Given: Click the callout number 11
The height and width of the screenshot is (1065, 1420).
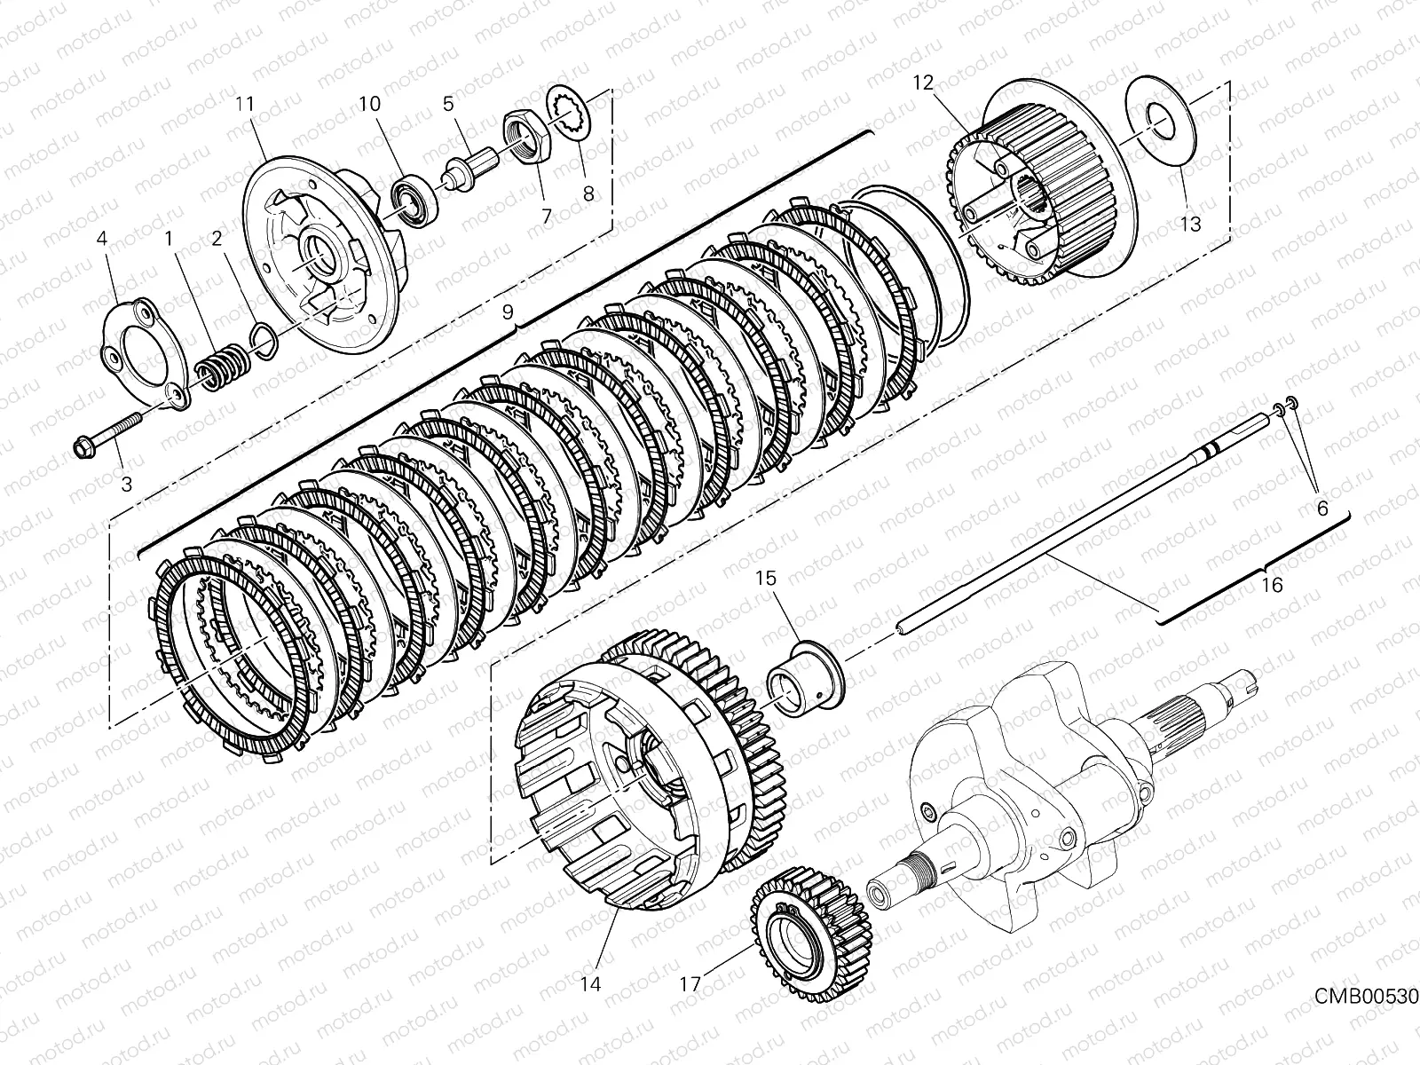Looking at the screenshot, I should click(245, 105).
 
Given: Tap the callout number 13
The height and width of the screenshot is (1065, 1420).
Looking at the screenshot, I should click(1190, 224).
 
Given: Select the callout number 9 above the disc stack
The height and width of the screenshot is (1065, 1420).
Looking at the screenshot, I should click(508, 312).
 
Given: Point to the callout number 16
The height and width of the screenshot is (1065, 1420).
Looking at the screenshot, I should click(1272, 585).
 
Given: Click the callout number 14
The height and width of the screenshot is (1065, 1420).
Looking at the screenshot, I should click(591, 983).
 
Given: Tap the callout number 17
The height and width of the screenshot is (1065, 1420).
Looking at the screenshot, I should click(690, 983).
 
